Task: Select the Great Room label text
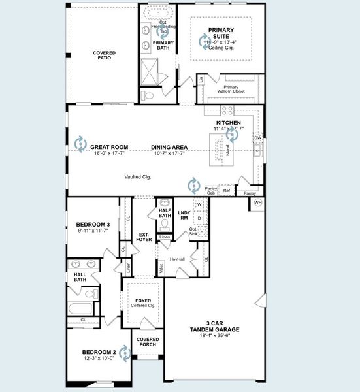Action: [x=109, y=147]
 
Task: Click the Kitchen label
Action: [x=229, y=123]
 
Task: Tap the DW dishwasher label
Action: [x=257, y=138]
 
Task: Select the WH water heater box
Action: [x=258, y=203]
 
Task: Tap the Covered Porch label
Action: [x=147, y=342]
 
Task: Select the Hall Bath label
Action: [x=80, y=278]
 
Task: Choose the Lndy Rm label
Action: [x=184, y=216]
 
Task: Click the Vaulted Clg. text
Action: [x=138, y=176]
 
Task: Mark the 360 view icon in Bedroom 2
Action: [x=123, y=353]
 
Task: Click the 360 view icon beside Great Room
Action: [x=80, y=144]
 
